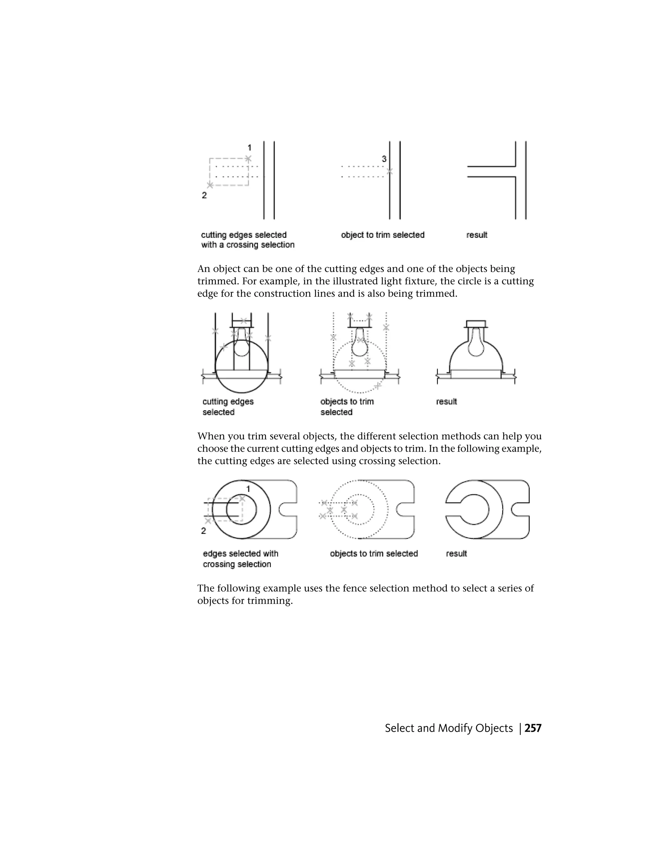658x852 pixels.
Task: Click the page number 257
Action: coord(533,728)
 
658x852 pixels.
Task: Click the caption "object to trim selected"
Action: coord(382,235)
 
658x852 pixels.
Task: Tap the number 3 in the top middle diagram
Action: coord(384,159)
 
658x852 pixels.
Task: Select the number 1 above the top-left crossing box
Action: coord(249,148)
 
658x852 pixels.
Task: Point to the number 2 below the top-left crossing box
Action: coord(204,195)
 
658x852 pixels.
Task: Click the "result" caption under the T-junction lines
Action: coord(476,235)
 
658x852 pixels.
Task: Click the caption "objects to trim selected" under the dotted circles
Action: coord(373,554)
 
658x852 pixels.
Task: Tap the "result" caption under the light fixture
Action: coord(446,402)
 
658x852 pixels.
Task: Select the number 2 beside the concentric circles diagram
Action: coord(203,530)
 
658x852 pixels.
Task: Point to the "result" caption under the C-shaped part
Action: coord(456,554)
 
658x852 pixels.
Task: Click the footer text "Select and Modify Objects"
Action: coord(449,728)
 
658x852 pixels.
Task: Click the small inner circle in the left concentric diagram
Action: coord(242,510)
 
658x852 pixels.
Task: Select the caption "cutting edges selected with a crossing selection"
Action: coord(247,240)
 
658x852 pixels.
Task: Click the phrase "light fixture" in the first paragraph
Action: coord(396,281)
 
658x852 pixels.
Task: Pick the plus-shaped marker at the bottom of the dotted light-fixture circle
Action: coord(377,386)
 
